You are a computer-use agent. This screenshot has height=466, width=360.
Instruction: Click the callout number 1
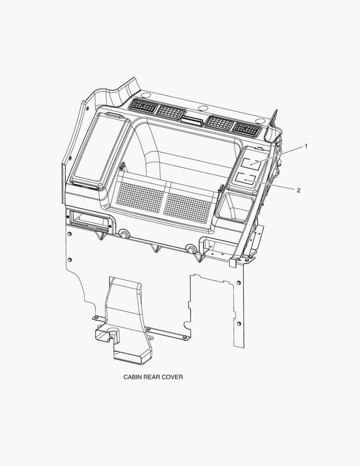[306, 146]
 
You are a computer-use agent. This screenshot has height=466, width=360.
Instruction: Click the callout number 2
[298, 190]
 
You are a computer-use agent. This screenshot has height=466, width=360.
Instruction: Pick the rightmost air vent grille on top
[247, 129]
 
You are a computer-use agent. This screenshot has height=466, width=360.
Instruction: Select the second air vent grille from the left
[171, 112]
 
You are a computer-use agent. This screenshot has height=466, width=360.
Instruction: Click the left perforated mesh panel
[141, 196]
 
